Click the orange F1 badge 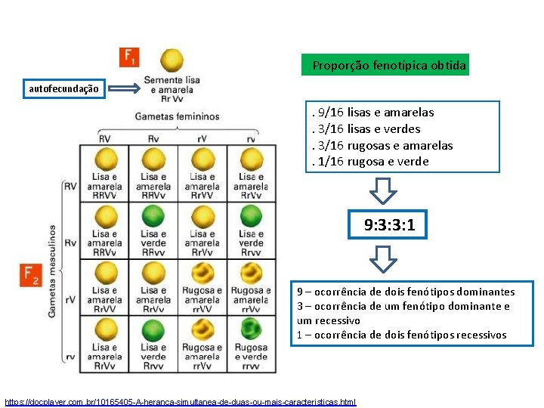[129, 57]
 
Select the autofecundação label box [63, 89]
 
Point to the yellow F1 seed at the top [173, 60]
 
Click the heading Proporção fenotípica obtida [389, 66]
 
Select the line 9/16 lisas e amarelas [373, 113]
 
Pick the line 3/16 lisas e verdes [366, 129]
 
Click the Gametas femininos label [177, 116]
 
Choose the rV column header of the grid [202, 138]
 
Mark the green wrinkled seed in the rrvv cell [251, 329]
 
